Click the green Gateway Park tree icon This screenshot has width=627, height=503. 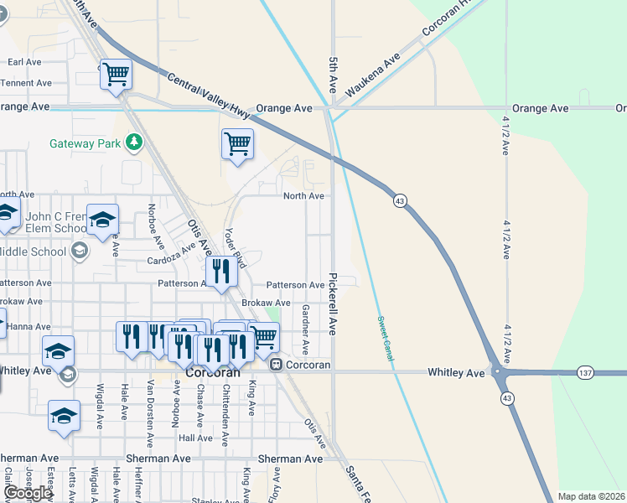tap(133, 143)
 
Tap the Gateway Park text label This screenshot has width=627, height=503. tap(85, 143)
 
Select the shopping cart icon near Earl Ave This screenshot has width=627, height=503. tap(116, 74)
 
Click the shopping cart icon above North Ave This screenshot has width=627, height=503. tap(237, 143)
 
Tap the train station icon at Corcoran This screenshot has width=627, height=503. tap(275, 365)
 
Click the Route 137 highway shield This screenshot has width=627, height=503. tap(585, 371)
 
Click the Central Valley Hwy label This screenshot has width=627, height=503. tap(209, 94)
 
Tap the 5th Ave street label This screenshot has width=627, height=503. tap(333, 75)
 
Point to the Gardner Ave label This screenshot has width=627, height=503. tap(305, 329)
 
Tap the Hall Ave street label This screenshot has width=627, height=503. tap(195, 438)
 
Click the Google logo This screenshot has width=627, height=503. tap(28, 493)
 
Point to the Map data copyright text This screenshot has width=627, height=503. tap(592, 496)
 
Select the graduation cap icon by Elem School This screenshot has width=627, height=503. tap(102, 220)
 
